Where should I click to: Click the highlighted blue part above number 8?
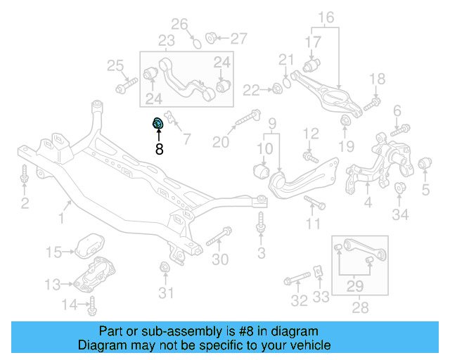tap(158, 124)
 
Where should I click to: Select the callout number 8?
tap(159, 149)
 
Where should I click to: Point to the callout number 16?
tap(327, 18)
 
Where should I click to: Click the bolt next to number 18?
tap(371, 103)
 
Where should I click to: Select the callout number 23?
tap(167, 41)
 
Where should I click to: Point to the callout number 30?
tap(220, 259)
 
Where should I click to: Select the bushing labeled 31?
tap(165, 268)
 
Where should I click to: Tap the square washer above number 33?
tap(319, 271)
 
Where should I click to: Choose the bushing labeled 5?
tap(424, 165)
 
